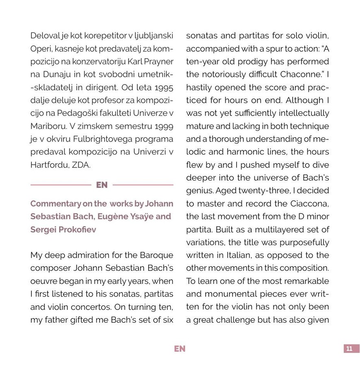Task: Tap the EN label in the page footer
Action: pos(180,349)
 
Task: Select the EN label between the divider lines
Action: pos(102,185)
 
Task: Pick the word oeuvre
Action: pos(43,281)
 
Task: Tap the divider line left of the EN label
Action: pos(61,185)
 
